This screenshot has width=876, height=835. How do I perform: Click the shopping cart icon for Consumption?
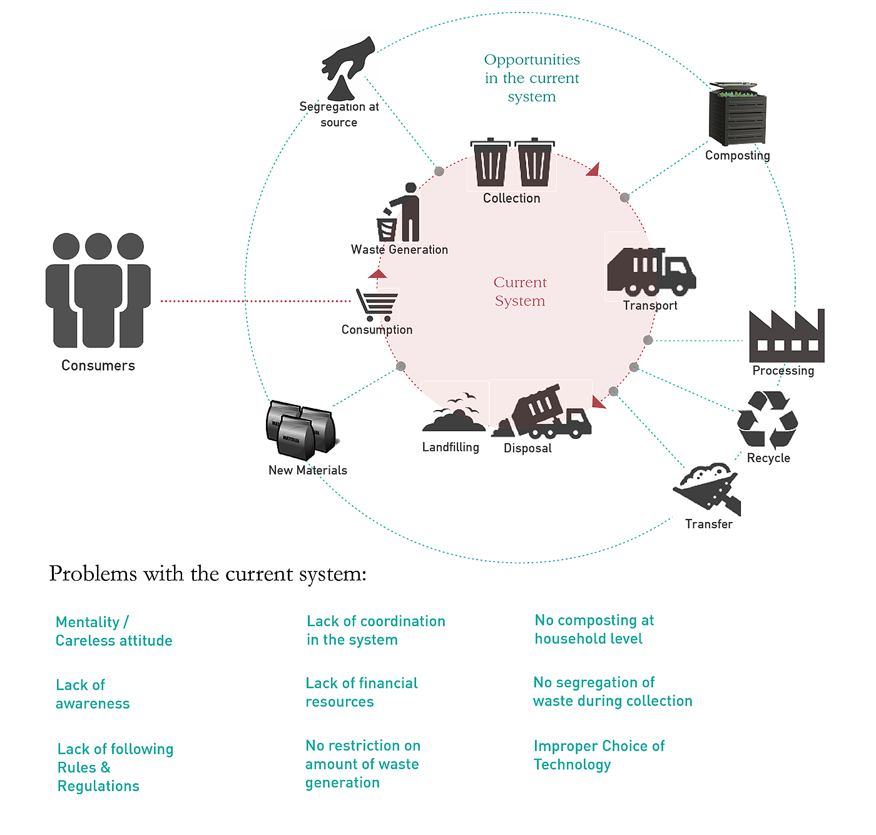click(377, 305)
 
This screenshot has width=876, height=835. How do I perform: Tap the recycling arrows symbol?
click(766, 419)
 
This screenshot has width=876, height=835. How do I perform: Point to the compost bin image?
click(737, 115)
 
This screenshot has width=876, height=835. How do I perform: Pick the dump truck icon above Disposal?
click(542, 413)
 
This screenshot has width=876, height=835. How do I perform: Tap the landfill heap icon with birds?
click(454, 413)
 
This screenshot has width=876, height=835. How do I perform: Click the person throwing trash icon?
click(399, 213)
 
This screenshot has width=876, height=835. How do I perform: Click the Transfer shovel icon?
click(707, 490)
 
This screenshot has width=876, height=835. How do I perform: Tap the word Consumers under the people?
click(98, 366)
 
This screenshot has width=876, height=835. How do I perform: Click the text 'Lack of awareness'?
click(92, 694)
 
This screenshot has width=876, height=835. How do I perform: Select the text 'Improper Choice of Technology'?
click(599, 755)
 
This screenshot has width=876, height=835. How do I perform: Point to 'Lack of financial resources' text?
click(361, 692)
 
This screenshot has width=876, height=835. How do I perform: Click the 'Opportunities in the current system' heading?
click(532, 78)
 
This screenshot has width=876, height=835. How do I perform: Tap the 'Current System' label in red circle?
click(520, 292)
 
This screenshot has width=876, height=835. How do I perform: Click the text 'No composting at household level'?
click(594, 629)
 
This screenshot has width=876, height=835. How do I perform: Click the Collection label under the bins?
click(511, 198)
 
